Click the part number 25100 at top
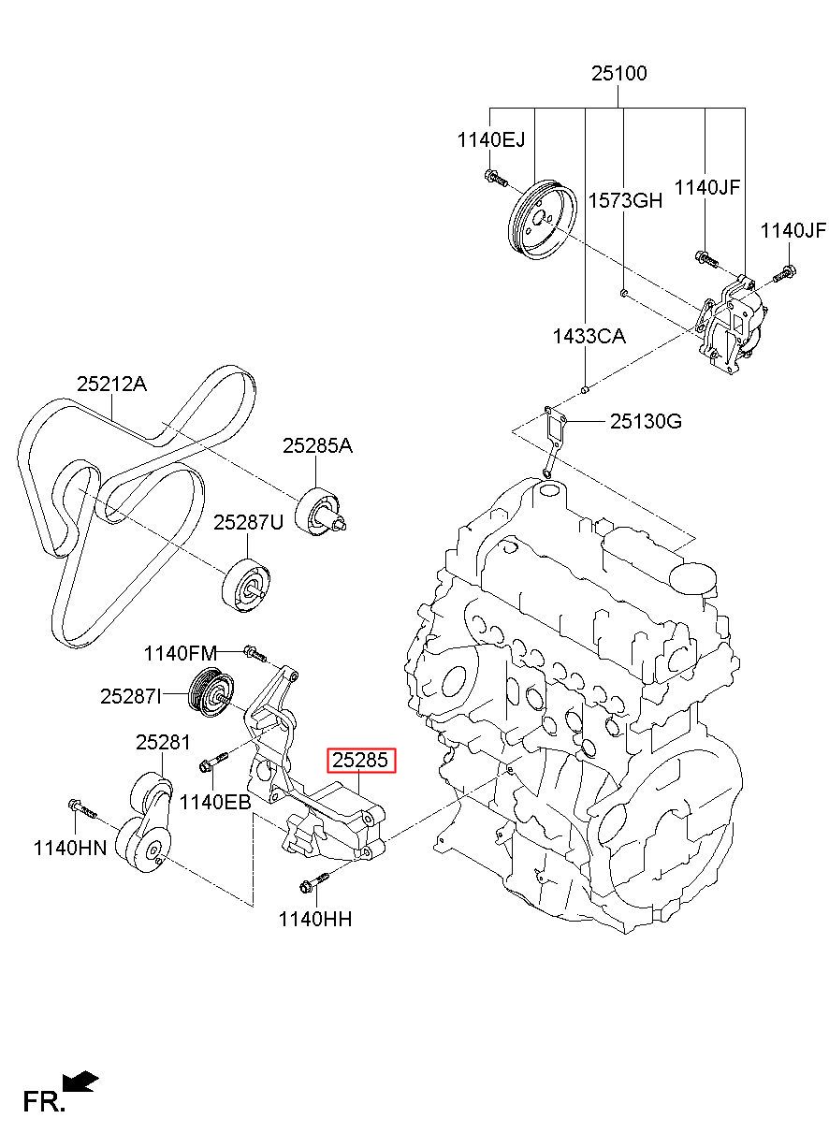618,74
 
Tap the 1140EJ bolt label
491,139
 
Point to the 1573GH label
625,201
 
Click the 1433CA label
589,337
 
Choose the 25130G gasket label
646,421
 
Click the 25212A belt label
111,385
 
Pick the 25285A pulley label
317,445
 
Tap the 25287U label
248,522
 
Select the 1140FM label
180,653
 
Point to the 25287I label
130,696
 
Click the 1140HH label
315,919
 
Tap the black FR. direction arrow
80,1082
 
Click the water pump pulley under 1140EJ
542,219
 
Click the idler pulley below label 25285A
320,511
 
